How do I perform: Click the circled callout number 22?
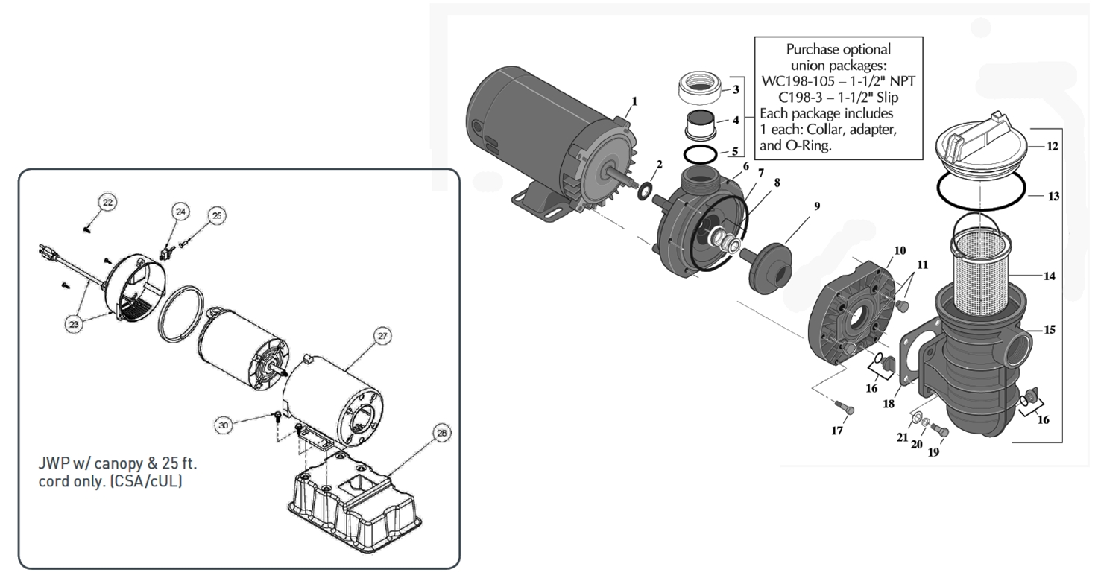[108, 203]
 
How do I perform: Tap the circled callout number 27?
[382, 337]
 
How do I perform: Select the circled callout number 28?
[442, 433]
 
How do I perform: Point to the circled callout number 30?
[224, 425]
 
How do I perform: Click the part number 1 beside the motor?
[634, 101]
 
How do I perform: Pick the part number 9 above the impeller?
[817, 206]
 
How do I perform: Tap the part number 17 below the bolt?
[837, 431]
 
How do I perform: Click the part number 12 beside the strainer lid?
[1052, 147]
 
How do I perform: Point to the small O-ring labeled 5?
[700, 154]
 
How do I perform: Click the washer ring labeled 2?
[643, 191]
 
